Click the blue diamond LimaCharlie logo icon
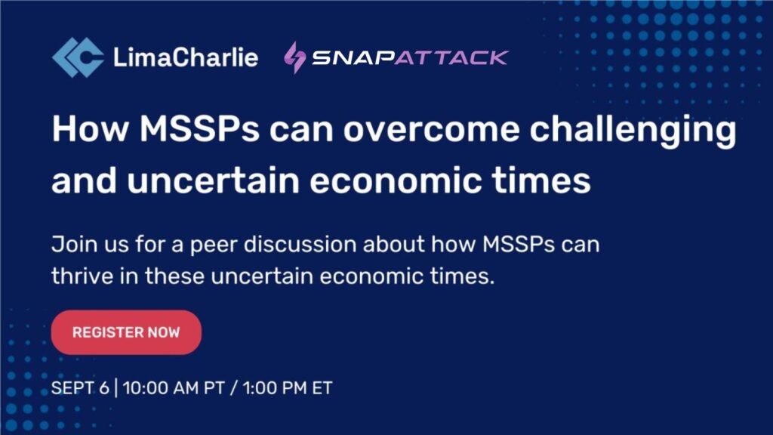(78, 57)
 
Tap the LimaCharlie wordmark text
(186, 57)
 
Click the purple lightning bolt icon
(295, 57)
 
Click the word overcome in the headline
(431, 128)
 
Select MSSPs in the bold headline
(199, 128)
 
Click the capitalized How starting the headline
(91, 128)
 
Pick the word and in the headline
(85, 180)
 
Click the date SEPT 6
(80, 387)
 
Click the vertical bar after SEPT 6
(115, 387)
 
